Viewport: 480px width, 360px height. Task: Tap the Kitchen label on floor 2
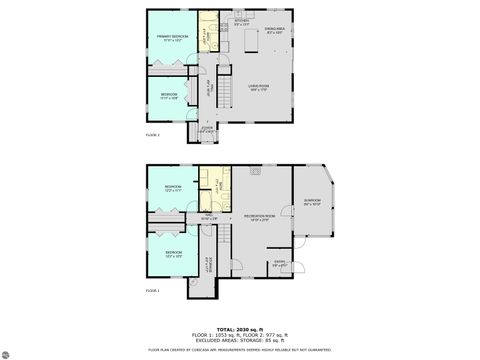coord(241,20)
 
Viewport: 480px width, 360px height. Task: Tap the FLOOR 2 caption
coord(152,135)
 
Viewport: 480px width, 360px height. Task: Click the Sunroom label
coord(312,201)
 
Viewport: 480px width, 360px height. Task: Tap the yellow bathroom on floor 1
coord(214,185)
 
